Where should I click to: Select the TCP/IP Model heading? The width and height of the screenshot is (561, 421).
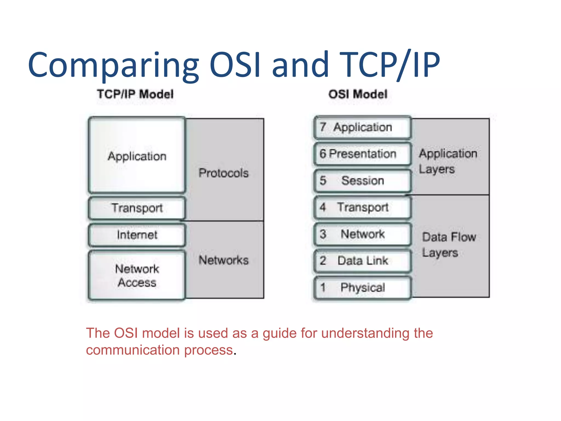(x=135, y=94)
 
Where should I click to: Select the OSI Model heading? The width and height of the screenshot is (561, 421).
(x=358, y=94)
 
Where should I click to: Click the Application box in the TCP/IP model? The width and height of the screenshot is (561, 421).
(x=137, y=156)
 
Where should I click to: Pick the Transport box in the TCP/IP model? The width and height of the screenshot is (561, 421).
(x=137, y=208)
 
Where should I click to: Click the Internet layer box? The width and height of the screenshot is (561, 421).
(x=137, y=235)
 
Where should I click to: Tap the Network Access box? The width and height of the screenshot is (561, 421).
(x=137, y=275)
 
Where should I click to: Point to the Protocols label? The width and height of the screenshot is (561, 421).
(x=224, y=173)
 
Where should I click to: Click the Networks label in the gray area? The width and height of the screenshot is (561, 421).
(x=224, y=260)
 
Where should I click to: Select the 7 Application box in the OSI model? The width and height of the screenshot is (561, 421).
(x=362, y=127)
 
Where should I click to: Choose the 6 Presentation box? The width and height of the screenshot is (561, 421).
(x=362, y=154)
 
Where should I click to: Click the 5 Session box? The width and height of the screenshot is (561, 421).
(x=362, y=181)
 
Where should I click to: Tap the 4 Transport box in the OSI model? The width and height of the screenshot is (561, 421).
(x=362, y=207)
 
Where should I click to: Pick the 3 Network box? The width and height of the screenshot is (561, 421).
(x=362, y=234)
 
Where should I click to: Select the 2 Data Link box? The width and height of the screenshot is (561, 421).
(x=362, y=261)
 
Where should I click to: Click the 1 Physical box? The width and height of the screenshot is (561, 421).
(x=362, y=288)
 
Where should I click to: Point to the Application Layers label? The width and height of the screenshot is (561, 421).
(x=448, y=161)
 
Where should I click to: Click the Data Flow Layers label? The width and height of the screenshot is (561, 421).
(x=449, y=244)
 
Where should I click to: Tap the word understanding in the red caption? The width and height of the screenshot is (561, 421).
(x=365, y=333)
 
